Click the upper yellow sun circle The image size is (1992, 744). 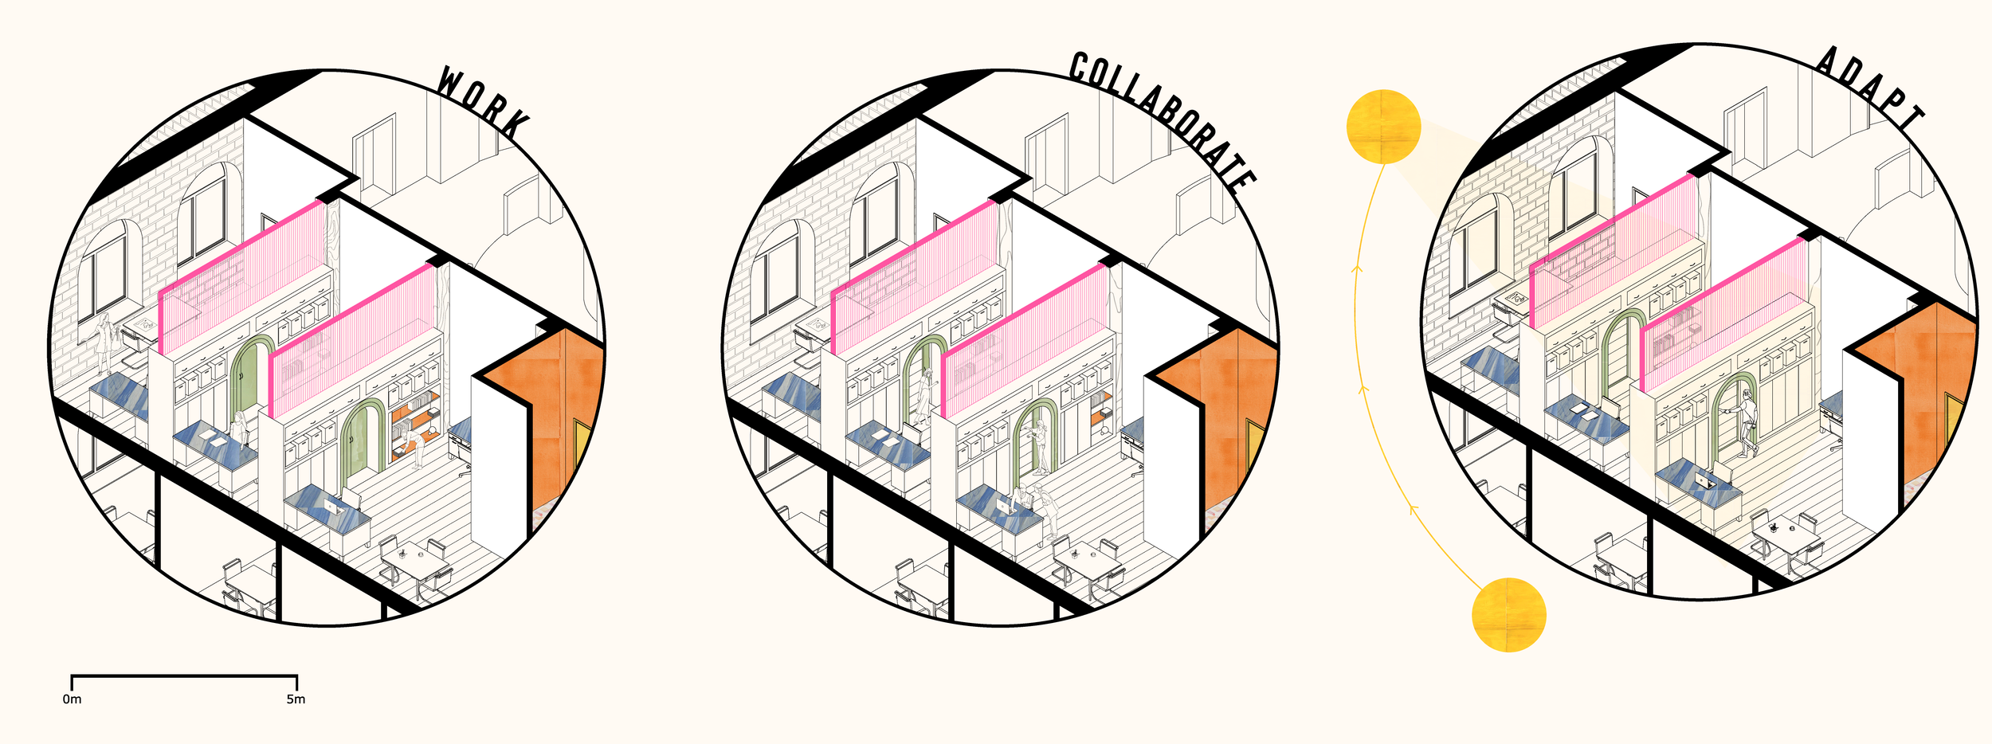click(1383, 127)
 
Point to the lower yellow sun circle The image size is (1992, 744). click(1508, 615)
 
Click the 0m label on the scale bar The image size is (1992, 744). click(72, 699)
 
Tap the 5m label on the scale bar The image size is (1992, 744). click(296, 699)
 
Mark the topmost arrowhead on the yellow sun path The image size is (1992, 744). click(1358, 269)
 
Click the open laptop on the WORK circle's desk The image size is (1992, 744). click(329, 507)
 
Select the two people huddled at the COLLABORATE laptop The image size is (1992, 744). click(1036, 506)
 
